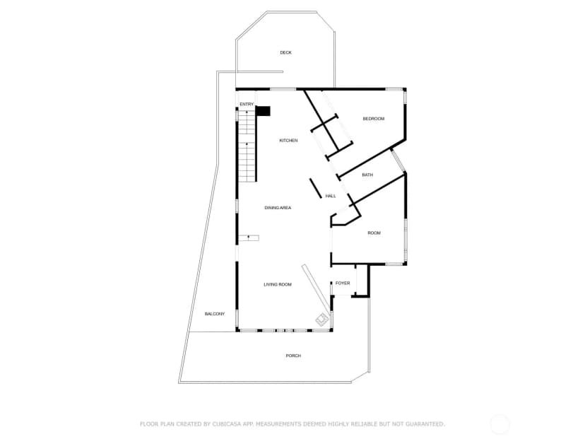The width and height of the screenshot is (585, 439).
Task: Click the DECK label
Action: (x=285, y=52)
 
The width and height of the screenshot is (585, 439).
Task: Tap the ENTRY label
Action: (x=247, y=104)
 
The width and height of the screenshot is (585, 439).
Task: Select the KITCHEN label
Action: (x=288, y=141)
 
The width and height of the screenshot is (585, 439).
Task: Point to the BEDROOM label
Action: (x=374, y=119)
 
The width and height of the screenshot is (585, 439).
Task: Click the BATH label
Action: (x=367, y=175)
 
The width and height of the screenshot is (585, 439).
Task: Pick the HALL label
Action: (x=331, y=196)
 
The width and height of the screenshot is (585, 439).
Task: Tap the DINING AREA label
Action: (x=278, y=208)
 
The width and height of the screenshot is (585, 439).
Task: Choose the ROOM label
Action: (x=374, y=233)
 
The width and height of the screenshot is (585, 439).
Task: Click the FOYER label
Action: (x=343, y=283)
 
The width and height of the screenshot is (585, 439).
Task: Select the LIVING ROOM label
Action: (x=278, y=284)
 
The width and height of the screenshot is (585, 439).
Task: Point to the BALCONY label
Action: (x=215, y=314)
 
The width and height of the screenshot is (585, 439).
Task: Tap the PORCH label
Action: (x=293, y=356)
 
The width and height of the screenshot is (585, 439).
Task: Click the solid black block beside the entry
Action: (x=264, y=111)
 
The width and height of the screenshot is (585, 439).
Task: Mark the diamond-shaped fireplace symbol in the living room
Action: (x=322, y=319)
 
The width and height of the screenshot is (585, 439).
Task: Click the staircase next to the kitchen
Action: (x=247, y=146)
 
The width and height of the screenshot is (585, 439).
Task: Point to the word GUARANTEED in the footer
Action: (x=425, y=424)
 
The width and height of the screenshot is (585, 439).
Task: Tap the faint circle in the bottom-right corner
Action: (x=500, y=424)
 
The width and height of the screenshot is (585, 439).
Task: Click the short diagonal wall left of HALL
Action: (x=316, y=189)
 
